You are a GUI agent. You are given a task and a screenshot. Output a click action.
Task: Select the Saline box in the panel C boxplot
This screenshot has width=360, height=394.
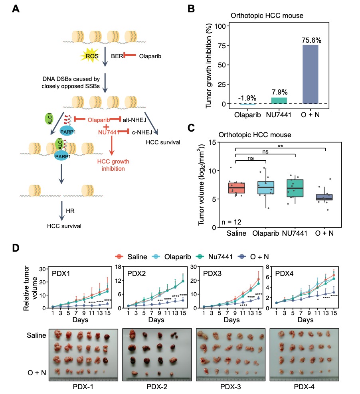[x=236, y=187]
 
